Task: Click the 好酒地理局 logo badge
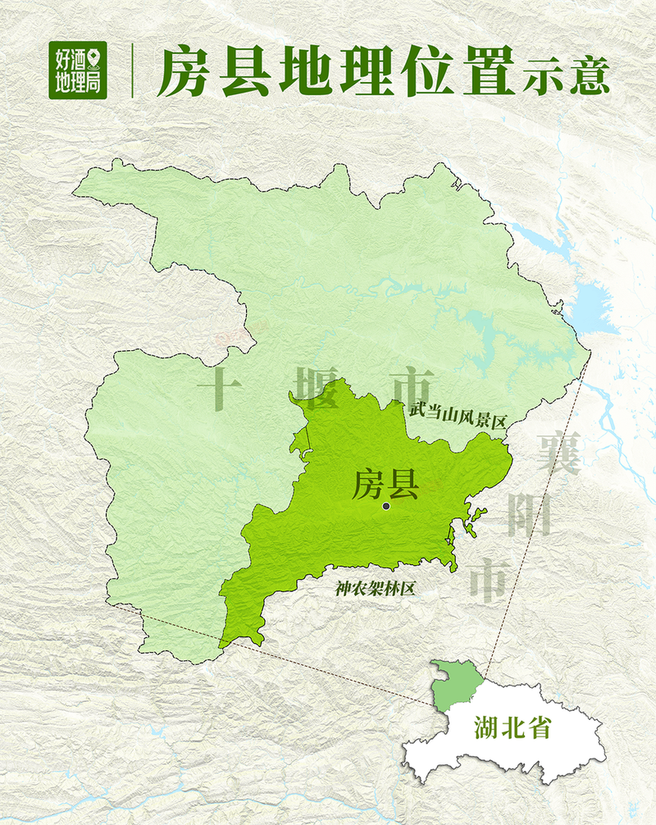78,69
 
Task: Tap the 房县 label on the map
385,485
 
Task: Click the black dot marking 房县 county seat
386,507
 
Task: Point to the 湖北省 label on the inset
512,727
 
